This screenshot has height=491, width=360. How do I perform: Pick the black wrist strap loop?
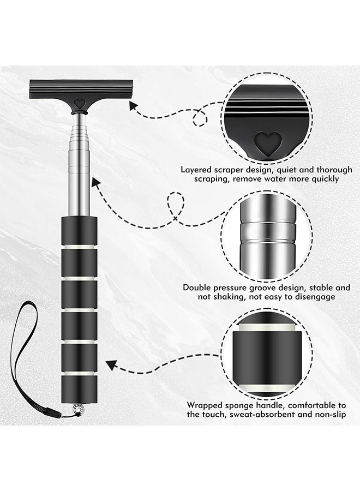point(22,349)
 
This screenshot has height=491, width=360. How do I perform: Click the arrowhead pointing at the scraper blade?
point(138,112)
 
